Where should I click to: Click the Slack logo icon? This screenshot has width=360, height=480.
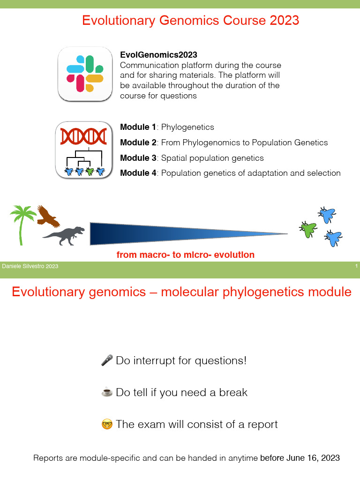click(85, 74)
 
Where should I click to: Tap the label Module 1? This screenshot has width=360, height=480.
click(138, 127)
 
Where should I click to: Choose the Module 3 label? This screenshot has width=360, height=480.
click(138, 158)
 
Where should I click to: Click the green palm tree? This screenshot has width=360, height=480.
click(22, 223)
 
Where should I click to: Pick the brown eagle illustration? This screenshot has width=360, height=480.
click(48, 216)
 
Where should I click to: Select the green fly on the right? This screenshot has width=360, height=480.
click(308, 229)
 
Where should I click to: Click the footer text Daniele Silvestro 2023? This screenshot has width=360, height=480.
click(30, 266)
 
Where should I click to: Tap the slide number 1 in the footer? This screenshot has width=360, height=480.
click(356, 266)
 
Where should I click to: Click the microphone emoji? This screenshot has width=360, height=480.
click(107, 360)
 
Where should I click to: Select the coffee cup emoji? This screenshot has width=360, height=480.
click(107, 392)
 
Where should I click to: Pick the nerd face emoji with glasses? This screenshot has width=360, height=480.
click(107, 425)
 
